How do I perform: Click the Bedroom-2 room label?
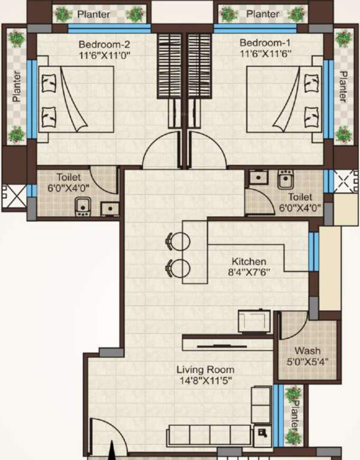(x=105, y=44)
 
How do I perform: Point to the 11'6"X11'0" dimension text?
(x=105, y=55)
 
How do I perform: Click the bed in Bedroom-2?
(x=75, y=98)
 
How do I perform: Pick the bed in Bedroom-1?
(x=284, y=98)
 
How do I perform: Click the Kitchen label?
(x=249, y=262)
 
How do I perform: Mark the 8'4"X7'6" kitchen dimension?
(x=249, y=273)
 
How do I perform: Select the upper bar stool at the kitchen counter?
(x=179, y=241)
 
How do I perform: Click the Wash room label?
(x=307, y=350)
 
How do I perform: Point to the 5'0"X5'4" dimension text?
(x=307, y=361)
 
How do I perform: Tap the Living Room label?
(x=205, y=370)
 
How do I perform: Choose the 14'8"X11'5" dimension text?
(x=205, y=380)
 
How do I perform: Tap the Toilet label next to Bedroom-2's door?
(x=69, y=177)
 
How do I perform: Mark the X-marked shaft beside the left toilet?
(x=14, y=196)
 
